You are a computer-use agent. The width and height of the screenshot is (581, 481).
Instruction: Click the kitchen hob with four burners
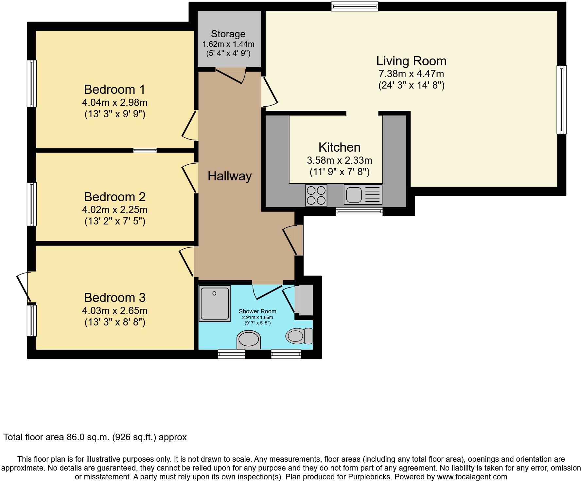pos(316,195)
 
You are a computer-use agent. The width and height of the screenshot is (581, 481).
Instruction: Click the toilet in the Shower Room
pos(299,336)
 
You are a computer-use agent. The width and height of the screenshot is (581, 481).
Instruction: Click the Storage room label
pos(228,34)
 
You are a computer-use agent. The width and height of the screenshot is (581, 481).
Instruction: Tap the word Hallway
pos(230,176)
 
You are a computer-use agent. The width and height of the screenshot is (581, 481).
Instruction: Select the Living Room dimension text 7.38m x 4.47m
pos(411,74)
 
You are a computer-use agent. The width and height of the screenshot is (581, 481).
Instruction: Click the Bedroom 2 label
pos(114,197)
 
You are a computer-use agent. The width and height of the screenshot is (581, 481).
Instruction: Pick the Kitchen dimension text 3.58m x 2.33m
pos(339,160)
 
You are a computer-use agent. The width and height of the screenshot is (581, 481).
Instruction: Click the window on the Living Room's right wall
pos(561,100)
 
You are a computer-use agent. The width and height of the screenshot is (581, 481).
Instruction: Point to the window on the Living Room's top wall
pos(355,6)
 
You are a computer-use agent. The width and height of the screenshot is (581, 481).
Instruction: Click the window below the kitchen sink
pos(359,212)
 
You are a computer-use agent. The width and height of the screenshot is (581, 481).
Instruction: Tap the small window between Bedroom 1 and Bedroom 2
pos(145,150)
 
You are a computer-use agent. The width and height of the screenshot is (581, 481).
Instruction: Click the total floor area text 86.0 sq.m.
pos(95,437)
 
